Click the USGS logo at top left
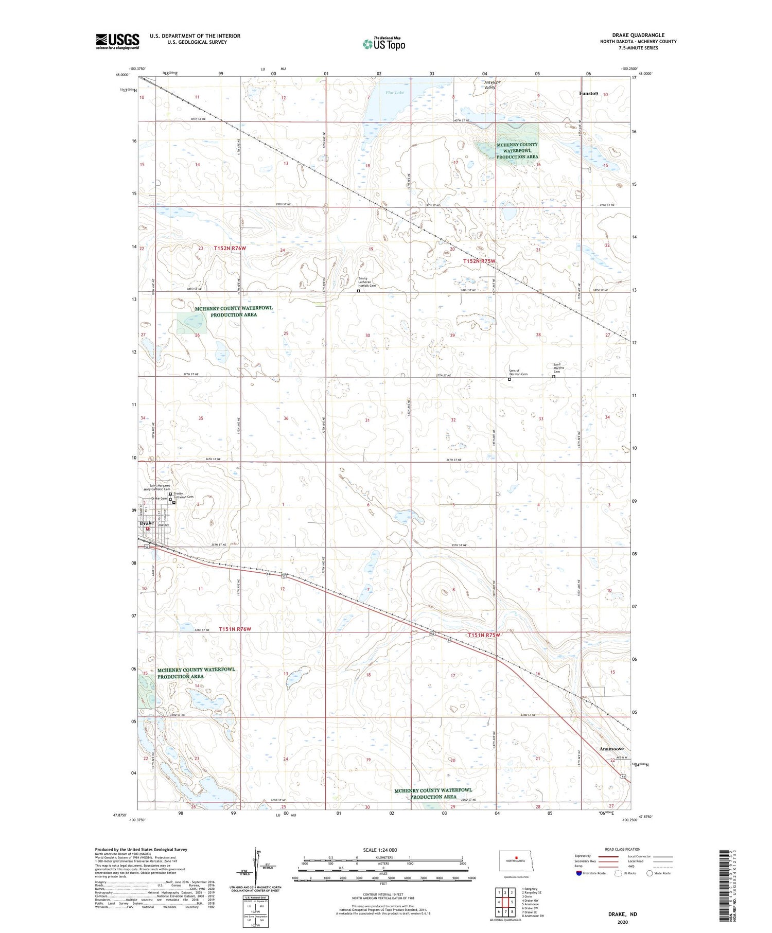click(x=117, y=41)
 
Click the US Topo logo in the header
click(x=383, y=44)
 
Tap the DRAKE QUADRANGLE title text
click(x=638, y=35)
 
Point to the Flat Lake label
click(x=395, y=93)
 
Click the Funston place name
click(x=588, y=93)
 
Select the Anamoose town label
click(x=611, y=749)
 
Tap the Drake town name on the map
click(x=146, y=523)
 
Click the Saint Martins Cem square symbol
click(x=554, y=377)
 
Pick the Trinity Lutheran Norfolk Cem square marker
click(x=358, y=290)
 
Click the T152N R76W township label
click(x=230, y=248)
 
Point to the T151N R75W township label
click(x=484, y=635)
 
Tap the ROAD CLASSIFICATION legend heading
click(x=623, y=849)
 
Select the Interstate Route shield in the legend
click(x=578, y=873)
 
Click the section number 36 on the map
click(x=286, y=418)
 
